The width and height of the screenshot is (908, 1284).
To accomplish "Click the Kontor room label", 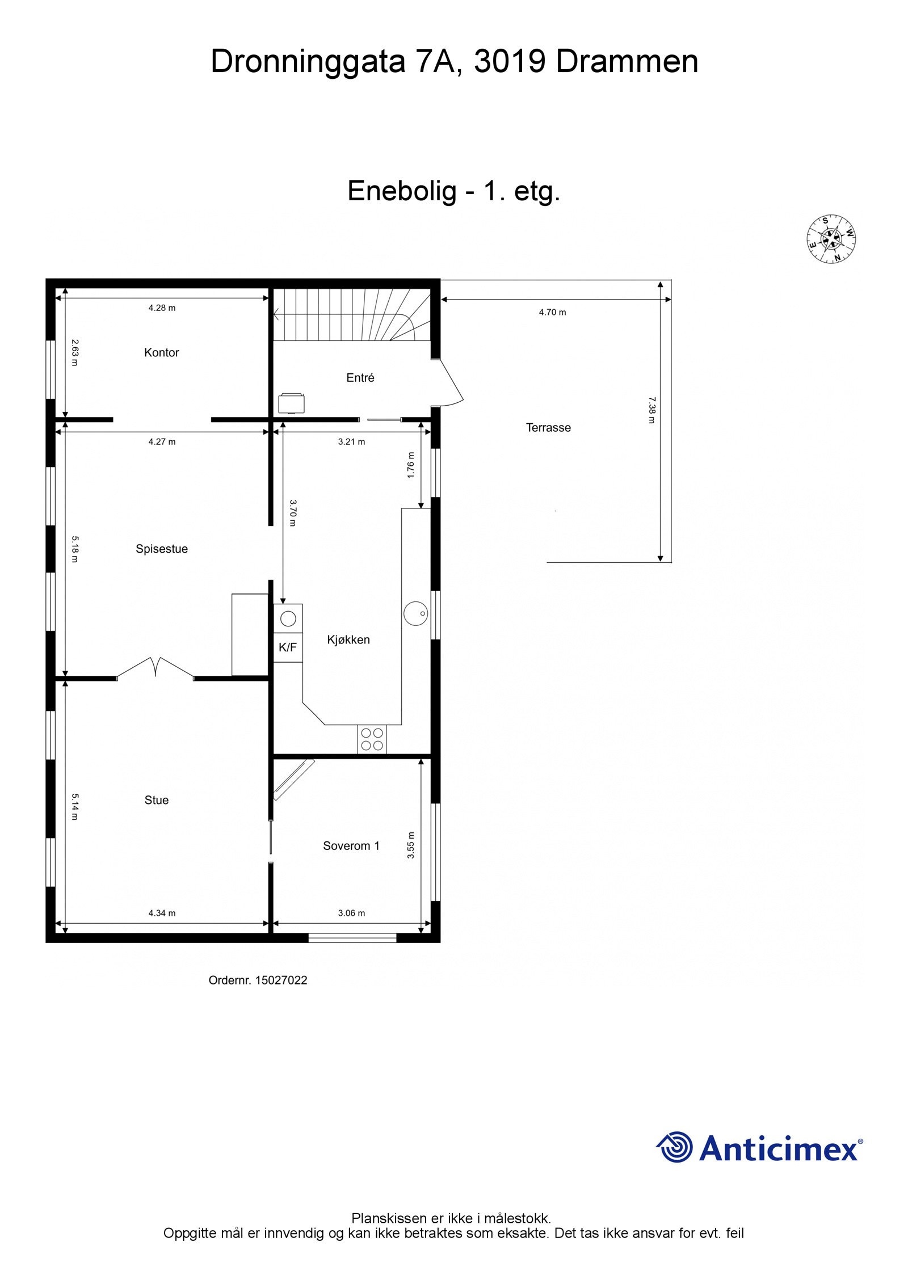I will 161,352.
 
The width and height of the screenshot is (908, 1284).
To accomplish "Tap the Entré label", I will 360,377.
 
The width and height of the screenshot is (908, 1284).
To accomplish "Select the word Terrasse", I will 548,427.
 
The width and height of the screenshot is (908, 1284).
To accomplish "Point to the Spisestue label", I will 161,549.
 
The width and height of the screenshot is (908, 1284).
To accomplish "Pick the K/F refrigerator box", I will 288,647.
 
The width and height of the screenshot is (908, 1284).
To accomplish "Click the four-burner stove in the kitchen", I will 372,739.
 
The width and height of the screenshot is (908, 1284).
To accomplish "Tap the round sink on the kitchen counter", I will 415,613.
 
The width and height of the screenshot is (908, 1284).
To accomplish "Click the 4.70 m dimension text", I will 552,312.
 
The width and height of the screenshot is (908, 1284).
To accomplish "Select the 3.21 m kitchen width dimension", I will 351,441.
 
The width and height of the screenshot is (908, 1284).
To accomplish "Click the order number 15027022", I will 281,980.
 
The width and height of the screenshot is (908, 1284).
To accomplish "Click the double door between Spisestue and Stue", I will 155,668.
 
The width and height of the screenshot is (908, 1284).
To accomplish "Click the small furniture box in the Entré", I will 291,403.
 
